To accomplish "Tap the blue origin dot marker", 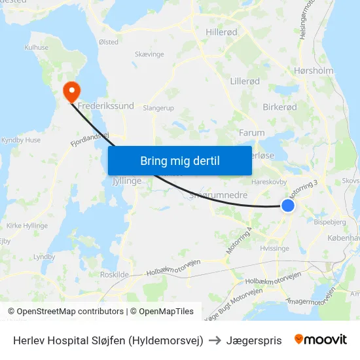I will [x=288, y=206].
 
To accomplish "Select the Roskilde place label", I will [x=113, y=274].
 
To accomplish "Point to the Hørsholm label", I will [x=314, y=71].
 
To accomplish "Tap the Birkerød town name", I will [x=279, y=107].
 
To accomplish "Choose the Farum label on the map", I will [x=252, y=132].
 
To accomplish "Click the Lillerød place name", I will [x=245, y=81].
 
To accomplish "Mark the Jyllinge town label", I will [x=127, y=181].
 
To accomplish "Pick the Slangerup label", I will [x=158, y=108].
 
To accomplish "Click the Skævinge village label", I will [x=149, y=55].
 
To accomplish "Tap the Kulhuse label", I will [x=37, y=48].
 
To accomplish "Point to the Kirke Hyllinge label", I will [x=27, y=225].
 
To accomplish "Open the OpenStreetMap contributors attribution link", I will [x=67, y=312].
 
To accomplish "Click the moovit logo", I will [x=321, y=340].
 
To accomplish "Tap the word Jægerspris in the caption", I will [x=254, y=340].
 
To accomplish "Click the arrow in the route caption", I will [x=215, y=340].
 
